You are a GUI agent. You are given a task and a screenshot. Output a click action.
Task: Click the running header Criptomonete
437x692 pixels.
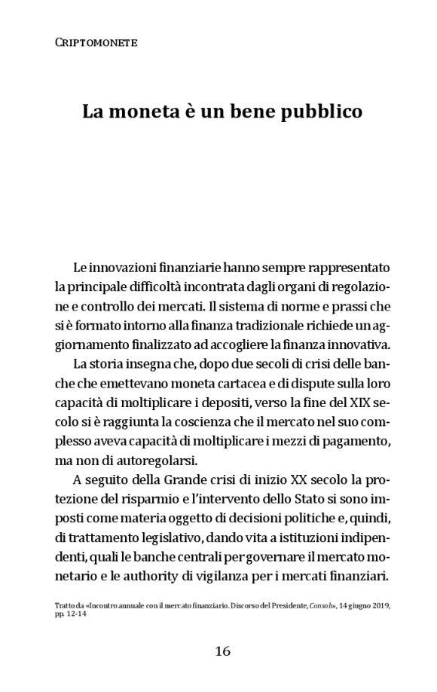pos(96,44)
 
